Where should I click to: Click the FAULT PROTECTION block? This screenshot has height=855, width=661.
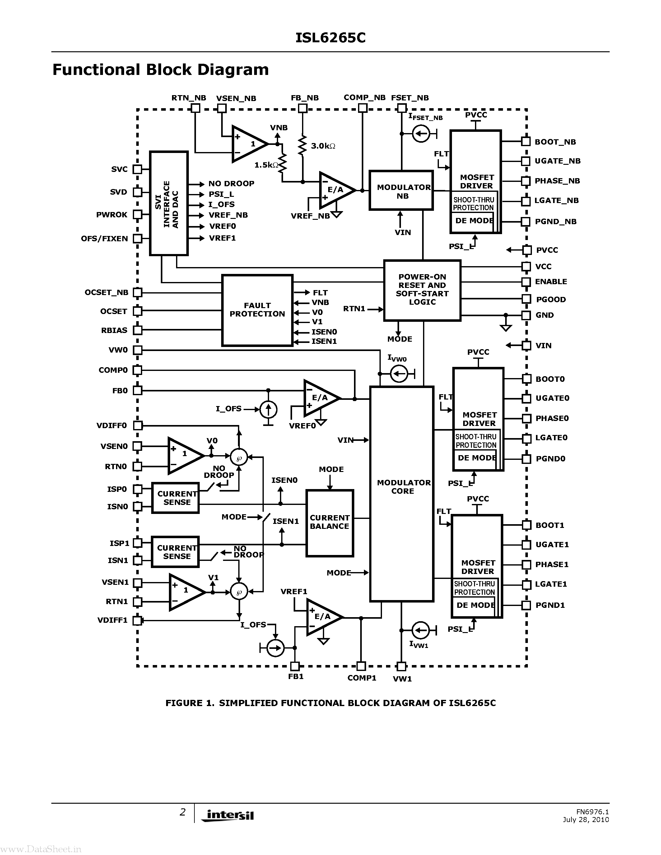tap(257, 310)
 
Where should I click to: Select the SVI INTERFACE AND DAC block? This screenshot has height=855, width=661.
tap(169, 204)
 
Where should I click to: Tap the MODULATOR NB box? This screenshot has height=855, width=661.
tap(401, 191)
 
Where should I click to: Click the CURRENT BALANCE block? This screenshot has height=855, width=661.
tap(329, 523)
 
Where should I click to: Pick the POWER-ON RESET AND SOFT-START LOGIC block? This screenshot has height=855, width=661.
tap(422, 290)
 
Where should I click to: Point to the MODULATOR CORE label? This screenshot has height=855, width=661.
tap(403, 487)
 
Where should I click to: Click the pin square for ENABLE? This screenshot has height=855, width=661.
tap(526, 282)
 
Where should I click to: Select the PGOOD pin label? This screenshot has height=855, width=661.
tap(551, 299)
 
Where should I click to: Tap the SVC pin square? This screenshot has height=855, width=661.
tap(137, 169)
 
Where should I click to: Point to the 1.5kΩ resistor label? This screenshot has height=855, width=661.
tap(266, 165)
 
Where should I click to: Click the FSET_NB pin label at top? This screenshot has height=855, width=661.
tap(410, 98)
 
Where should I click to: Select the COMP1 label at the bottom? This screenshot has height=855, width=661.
tap(361, 678)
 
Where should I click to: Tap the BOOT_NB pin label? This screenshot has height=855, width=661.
tap(555, 142)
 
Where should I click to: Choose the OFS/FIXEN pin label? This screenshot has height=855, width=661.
tap(104, 239)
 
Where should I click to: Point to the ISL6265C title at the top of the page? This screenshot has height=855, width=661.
tap(330, 38)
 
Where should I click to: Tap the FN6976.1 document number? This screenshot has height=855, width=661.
tap(592, 811)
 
